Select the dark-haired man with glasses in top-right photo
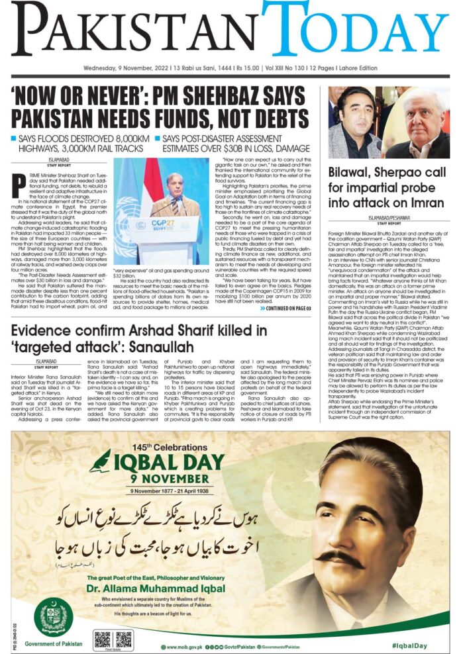[x=356, y=122]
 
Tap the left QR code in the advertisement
[x=102, y=639]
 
